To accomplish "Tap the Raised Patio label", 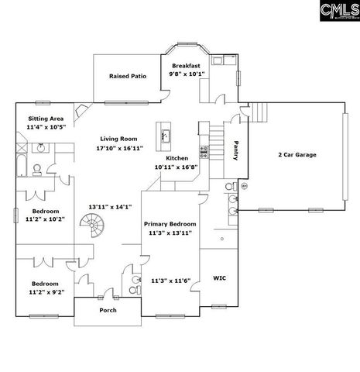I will pos(128,76).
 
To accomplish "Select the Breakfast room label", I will pos(187,66).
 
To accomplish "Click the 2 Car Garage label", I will pos(297,154).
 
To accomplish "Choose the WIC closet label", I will pos(218,277).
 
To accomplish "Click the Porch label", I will pos(108,310).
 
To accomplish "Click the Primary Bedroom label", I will pos(170,223).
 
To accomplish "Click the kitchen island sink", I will pos(164,137).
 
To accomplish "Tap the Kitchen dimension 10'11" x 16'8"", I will pos(175,166).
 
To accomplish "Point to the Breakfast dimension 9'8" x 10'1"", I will pos(187,74).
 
